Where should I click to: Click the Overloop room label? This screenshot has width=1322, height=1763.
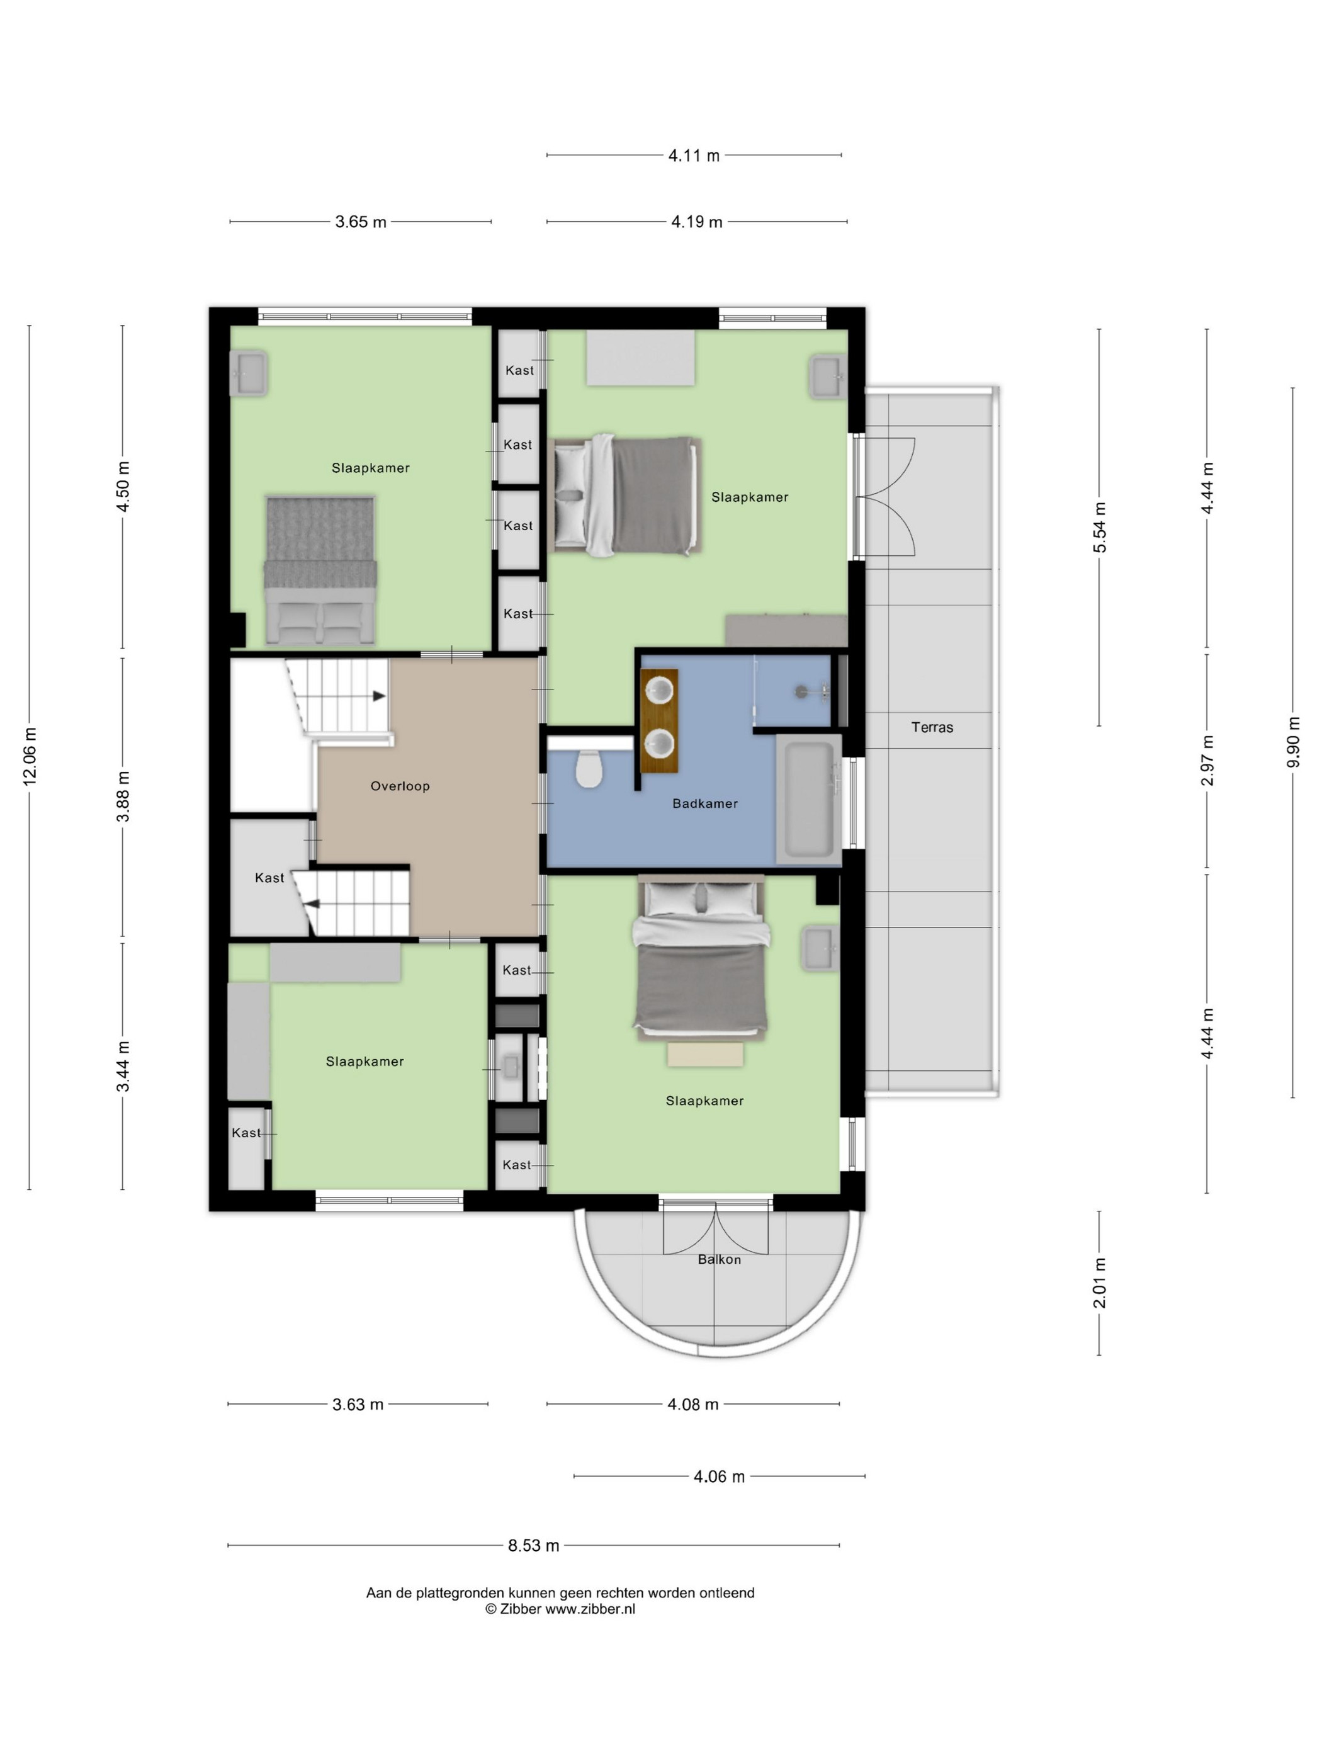399,786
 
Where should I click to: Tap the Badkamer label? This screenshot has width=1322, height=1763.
704,803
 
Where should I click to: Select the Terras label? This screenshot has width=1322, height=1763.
932,727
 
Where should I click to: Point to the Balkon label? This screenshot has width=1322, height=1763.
719,1259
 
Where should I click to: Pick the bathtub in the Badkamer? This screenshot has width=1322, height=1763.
809,798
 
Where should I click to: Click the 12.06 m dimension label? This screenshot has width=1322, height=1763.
30,756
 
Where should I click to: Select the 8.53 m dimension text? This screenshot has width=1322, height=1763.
533,1545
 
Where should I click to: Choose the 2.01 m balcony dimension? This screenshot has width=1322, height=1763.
1099,1283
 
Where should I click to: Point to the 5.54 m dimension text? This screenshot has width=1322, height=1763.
1099,527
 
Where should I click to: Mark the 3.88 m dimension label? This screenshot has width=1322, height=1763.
123,796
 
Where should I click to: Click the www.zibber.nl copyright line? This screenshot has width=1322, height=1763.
560,1608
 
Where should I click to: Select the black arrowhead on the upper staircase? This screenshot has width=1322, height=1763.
380,696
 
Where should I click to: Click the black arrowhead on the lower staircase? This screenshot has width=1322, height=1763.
313,904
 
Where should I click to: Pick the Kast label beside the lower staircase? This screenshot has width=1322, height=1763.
269,878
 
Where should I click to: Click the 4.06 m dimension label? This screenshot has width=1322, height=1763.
719,1476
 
